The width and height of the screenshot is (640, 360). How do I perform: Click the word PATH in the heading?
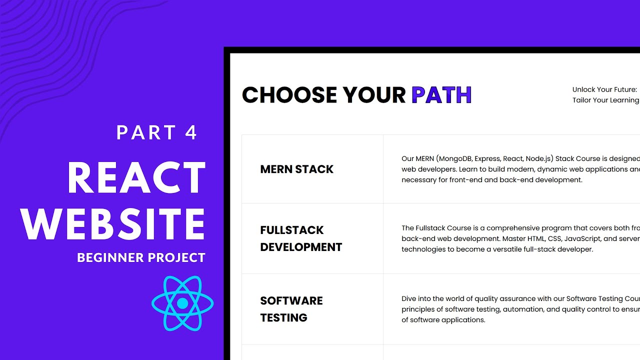[441, 95]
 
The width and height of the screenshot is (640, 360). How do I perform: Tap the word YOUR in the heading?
[374, 95]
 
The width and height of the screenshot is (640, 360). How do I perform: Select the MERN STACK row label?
[296, 169]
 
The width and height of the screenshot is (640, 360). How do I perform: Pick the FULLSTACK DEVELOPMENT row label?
[301, 238]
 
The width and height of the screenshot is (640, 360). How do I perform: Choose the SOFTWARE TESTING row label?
[291, 309]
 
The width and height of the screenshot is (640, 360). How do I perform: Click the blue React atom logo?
[182, 303]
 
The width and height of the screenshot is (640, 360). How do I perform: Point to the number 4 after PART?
[191, 133]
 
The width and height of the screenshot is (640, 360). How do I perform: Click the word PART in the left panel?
[146, 133]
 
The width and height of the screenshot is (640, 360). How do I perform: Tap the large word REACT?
[136, 178]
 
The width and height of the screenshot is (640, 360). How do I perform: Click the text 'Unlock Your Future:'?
[604, 89]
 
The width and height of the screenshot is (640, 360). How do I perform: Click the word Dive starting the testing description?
[409, 299]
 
